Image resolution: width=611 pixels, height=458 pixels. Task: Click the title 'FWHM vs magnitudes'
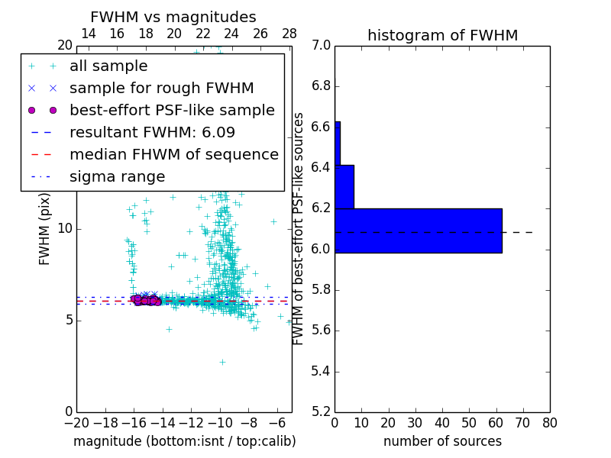tap(173, 17)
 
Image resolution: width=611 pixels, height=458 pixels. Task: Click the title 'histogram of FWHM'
tap(442, 35)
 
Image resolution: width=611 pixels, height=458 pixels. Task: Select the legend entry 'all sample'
tap(108, 66)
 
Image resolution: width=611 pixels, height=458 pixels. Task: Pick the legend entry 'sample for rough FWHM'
tap(161, 89)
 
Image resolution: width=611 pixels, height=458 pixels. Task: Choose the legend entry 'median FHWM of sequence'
tap(173, 154)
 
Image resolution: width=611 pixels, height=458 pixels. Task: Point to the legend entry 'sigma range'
tap(117, 177)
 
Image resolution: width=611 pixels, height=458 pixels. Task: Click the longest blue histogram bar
tap(419, 230)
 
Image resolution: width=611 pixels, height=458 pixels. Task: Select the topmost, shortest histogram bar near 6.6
tap(338, 143)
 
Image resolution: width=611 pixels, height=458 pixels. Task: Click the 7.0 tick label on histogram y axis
tap(321, 45)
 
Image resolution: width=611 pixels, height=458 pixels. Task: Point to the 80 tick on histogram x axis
tap(550, 422)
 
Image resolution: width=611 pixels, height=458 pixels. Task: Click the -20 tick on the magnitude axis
tap(76, 422)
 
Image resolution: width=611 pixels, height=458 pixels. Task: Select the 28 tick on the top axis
tap(289, 34)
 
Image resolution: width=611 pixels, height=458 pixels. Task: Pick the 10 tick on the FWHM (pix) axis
tap(65, 228)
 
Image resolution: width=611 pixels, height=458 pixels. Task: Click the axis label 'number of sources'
tap(442, 441)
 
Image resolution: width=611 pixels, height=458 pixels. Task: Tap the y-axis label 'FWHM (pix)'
tap(45, 227)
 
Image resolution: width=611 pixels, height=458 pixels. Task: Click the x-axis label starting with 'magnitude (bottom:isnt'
tap(184, 441)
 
